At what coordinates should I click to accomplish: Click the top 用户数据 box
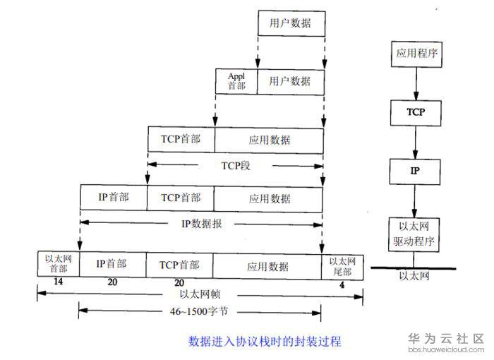point(291,23)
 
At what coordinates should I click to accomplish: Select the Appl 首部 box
point(236,81)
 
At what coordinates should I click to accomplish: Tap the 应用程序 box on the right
point(416,54)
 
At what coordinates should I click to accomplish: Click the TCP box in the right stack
point(416,113)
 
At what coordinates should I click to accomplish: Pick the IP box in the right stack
point(415,172)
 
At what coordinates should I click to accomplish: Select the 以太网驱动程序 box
point(414,234)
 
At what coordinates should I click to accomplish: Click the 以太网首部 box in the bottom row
point(59,264)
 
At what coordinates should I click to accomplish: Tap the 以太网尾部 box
point(342,267)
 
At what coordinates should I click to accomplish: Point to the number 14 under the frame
point(59,282)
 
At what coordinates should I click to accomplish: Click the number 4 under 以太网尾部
point(342,285)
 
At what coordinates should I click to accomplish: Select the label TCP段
point(236,165)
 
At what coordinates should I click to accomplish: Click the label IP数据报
point(202,224)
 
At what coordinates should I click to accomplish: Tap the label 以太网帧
point(200,294)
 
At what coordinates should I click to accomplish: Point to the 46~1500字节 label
point(199,311)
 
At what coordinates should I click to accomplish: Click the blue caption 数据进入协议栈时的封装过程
point(265,342)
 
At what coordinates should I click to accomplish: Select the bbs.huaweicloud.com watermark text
point(446,349)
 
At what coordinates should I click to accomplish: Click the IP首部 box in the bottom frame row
point(112,264)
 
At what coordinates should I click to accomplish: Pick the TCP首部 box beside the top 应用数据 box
point(181,139)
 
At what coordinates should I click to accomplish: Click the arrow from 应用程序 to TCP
point(416,83)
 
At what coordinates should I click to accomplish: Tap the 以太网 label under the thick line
point(414,276)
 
